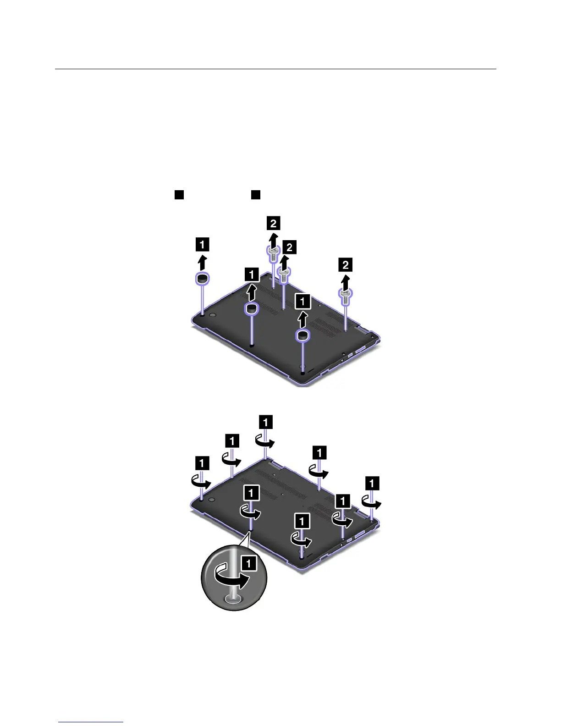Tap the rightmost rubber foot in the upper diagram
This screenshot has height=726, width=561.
point(302,336)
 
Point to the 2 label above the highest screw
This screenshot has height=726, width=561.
point(273,223)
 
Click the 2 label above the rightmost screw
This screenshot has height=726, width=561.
point(346,264)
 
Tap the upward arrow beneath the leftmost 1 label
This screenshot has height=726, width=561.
point(202,263)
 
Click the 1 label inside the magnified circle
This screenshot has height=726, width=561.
point(249,563)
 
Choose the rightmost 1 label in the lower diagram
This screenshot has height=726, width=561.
point(372,483)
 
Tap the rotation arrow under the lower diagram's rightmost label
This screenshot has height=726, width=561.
point(371,501)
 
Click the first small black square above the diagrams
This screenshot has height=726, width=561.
point(179,194)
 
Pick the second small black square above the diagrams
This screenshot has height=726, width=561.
point(256,194)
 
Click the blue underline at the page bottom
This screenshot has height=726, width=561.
point(91,723)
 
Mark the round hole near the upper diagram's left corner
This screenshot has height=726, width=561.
point(212,316)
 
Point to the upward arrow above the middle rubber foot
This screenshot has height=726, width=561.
point(251,291)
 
